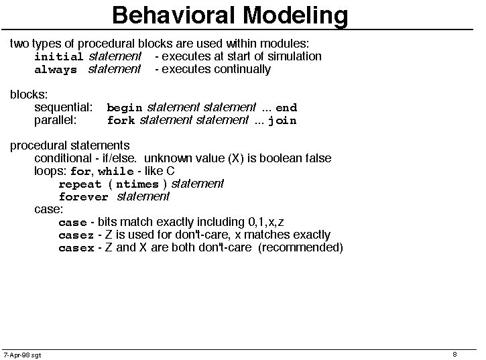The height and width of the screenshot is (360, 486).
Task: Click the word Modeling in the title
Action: coord(295,16)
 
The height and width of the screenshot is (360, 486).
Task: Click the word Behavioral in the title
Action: coord(173,15)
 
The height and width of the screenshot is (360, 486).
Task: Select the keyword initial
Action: coord(58,56)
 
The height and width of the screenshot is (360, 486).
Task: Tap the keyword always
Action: coord(56,70)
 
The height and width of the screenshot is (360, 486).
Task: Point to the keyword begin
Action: coord(124,108)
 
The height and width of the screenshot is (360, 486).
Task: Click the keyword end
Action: coord(286,107)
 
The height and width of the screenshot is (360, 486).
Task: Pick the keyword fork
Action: coord(121,120)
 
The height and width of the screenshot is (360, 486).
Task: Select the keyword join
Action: coord(282,121)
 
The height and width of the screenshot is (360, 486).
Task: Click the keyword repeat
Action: coord(80,184)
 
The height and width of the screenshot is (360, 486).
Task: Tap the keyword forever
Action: coord(83,197)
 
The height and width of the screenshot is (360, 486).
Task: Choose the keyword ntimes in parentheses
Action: coord(137,184)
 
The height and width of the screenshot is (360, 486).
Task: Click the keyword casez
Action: coord(76,235)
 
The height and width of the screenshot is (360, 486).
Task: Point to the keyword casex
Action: coord(76,248)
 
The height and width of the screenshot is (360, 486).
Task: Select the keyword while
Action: coord(115,171)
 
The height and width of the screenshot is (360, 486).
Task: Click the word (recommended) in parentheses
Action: coord(300,248)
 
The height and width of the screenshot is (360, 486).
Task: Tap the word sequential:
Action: coord(63,107)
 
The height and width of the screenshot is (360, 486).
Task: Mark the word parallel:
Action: coord(55,120)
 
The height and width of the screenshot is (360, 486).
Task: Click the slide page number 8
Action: coord(454,354)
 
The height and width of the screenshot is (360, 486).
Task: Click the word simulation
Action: coord(294,56)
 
